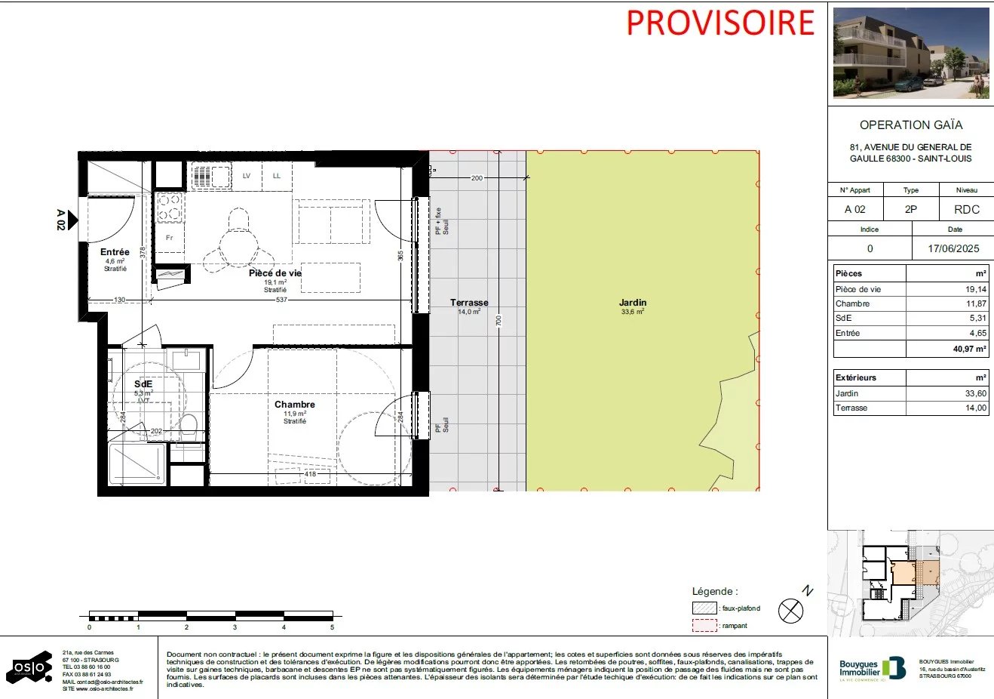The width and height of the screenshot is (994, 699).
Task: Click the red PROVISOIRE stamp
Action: pyautogui.click(x=720, y=23)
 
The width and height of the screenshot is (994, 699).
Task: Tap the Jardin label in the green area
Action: pyautogui.click(x=633, y=303)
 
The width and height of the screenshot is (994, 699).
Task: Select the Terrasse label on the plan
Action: pyautogui.click(x=469, y=303)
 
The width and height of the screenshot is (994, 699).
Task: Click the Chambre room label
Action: pyautogui.click(x=294, y=405)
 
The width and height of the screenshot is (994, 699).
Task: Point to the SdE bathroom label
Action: pyautogui.click(x=143, y=384)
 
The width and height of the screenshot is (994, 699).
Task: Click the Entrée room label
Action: pyautogui.click(x=115, y=252)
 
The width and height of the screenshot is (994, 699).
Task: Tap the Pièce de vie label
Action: pyautogui.click(x=275, y=273)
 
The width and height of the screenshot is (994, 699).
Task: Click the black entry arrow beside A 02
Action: pyautogui.click(x=73, y=220)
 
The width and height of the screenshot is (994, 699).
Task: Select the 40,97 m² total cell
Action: pyautogui.click(x=969, y=349)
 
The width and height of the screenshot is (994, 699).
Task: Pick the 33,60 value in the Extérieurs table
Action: pyautogui.click(x=975, y=393)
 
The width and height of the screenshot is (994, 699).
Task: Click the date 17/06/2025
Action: pyautogui.click(x=954, y=248)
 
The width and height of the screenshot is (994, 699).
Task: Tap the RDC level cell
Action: pyautogui.click(x=966, y=209)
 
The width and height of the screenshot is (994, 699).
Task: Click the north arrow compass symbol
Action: pyautogui.click(x=790, y=610)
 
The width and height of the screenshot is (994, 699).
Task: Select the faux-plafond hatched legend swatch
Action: pyautogui.click(x=704, y=608)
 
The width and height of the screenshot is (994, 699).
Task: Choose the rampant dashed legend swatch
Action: pyautogui.click(x=704, y=626)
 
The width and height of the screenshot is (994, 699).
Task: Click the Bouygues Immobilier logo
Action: pyautogui.click(x=873, y=668)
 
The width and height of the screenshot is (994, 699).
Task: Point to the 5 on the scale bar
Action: pyautogui.click(x=332, y=627)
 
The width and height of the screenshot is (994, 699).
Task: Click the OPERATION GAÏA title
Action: pyautogui.click(x=911, y=125)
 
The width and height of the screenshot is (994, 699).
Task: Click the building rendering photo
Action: pyautogui.click(x=911, y=53)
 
